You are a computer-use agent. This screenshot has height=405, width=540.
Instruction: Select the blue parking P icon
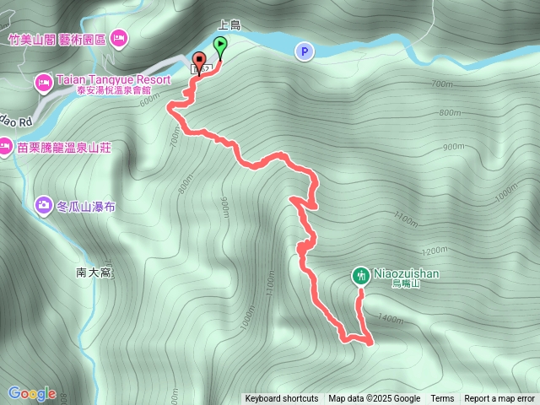(x=304, y=52)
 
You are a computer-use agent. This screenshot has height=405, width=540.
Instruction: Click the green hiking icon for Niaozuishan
(x=360, y=274)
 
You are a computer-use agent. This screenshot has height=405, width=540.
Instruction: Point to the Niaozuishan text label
(x=407, y=274)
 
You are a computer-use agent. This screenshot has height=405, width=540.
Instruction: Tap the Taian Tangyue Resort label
(x=113, y=79)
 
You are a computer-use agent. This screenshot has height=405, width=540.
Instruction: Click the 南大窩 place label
(x=94, y=273)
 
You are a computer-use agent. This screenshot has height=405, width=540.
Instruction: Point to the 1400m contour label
(x=391, y=318)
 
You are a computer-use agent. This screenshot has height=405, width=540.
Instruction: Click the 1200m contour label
(x=433, y=251)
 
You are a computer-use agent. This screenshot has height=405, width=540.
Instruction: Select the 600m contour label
(x=150, y=100)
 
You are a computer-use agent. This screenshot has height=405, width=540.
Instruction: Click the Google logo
(x=32, y=393)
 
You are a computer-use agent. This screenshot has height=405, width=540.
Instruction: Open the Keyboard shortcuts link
(x=282, y=399)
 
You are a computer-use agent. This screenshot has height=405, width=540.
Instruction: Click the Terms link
(x=442, y=399)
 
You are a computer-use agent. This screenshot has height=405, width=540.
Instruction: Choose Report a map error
(x=499, y=399)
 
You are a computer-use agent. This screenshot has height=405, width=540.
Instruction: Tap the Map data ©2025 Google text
(x=374, y=399)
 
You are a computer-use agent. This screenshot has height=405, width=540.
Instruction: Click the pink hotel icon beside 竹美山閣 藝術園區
(x=118, y=38)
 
